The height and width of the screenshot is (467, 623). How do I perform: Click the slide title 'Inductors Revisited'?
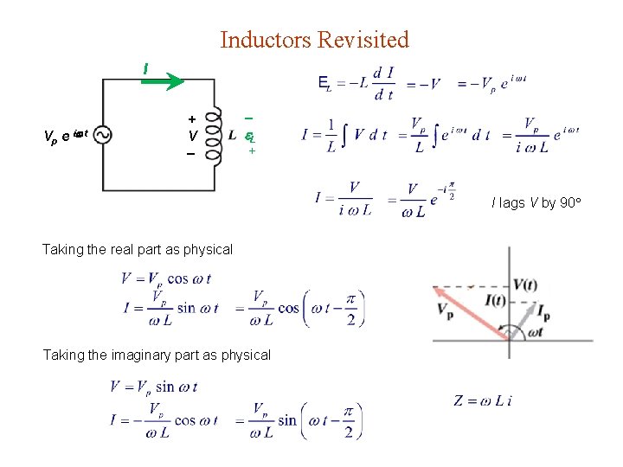[314, 40]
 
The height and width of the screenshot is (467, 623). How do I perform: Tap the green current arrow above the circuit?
[164, 82]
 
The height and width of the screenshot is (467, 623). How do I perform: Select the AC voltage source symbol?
[103, 135]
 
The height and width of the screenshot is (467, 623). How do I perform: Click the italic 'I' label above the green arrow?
[145, 67]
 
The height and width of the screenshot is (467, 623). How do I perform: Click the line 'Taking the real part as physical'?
[138, 249]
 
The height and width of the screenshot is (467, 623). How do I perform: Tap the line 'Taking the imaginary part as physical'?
[157, 355]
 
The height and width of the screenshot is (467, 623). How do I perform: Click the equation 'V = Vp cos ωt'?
[166, 278]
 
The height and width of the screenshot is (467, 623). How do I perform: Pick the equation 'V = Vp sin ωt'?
[154, 386]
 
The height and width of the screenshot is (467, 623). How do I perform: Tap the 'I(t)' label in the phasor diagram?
[497, 301]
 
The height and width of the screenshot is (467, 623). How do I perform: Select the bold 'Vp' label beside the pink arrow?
[446, 310]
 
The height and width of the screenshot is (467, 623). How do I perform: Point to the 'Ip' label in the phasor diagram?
[543, 313]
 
